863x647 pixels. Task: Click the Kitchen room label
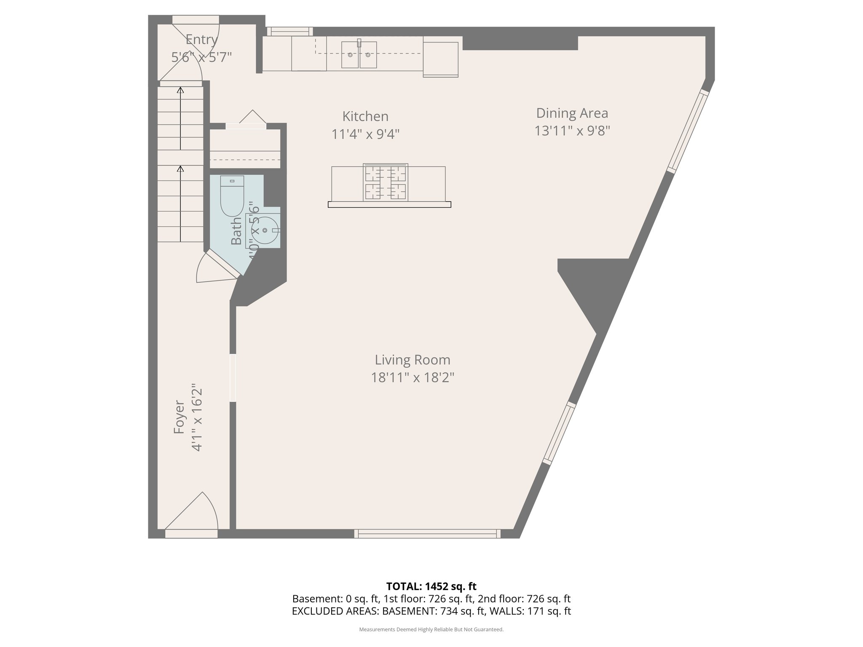click(x=365, y=116)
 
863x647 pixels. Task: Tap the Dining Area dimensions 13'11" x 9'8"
click(x=572, y=131)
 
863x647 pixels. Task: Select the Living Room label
click(x=412, y=360)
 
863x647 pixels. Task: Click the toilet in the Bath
click(x=232, y=196)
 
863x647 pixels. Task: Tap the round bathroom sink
click(x=264, y=230)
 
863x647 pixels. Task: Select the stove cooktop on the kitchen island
click(x=386, y=182)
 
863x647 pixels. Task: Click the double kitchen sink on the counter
click(x=359, y=54)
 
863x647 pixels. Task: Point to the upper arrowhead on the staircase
click(x=180, y=90)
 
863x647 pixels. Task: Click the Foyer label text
click(x=180, y=417)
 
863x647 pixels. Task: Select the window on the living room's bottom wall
click(x=427, y=534)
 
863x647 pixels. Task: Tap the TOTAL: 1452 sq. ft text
click(x=431, y=586)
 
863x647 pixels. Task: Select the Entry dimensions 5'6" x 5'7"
click(x=201, y=57)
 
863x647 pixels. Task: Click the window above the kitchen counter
click(x=289, y=31)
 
